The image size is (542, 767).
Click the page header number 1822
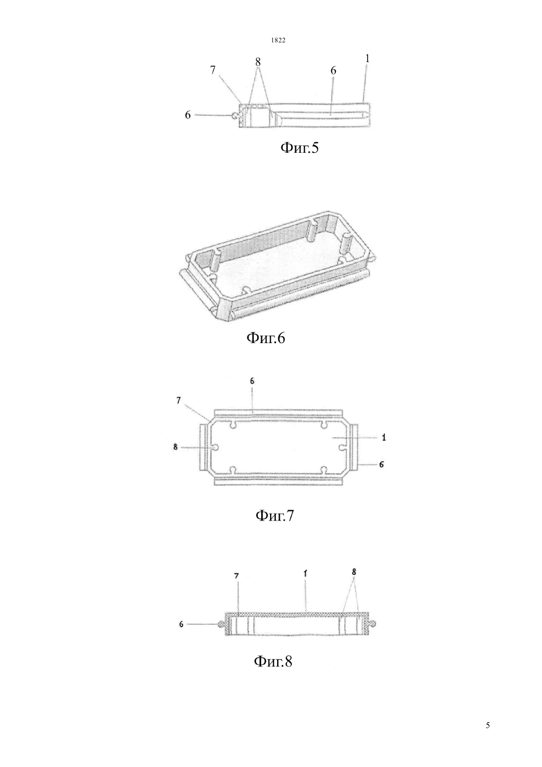click(x=278, y=40)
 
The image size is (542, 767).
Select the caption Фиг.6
click(x=266, y=338)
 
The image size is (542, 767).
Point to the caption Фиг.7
click(x=275, y=515)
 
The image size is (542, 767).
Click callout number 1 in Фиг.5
click(x=368, y=59)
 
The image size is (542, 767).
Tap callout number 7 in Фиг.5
click(x=213, y=70)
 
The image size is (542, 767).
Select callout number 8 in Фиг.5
click(x=258, y=62)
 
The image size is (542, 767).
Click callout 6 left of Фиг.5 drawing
click(x=188, y=115)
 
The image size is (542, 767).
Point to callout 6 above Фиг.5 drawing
click(x=333, y=70)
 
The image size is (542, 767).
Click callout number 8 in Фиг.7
click(x=175, y=447)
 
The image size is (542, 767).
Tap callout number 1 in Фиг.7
click(x=384, y=437)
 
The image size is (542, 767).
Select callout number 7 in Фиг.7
click(x=178, y=400)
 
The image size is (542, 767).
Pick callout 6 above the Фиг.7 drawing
click(x=252, y=381)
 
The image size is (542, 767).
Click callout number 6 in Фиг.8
click(x=181, y=624)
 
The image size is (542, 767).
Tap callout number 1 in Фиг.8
click(x=305, y=582)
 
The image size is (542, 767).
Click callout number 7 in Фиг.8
click(x=237, y=586)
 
